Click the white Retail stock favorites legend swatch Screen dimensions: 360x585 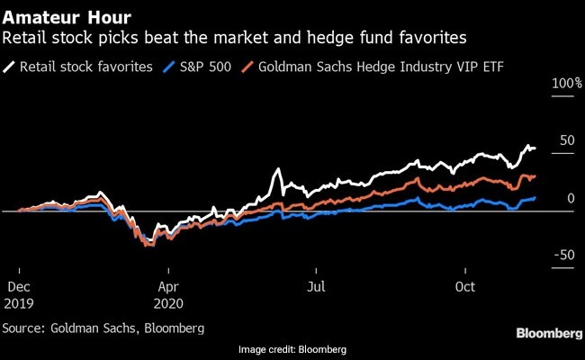pos(10,66)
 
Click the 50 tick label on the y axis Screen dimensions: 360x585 pos(564,141)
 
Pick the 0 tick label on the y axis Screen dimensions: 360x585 pos(569,199)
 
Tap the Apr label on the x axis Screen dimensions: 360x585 pos(166,287)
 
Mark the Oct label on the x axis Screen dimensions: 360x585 pos(463,287)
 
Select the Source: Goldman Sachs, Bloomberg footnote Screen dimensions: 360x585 pos(103,327)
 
